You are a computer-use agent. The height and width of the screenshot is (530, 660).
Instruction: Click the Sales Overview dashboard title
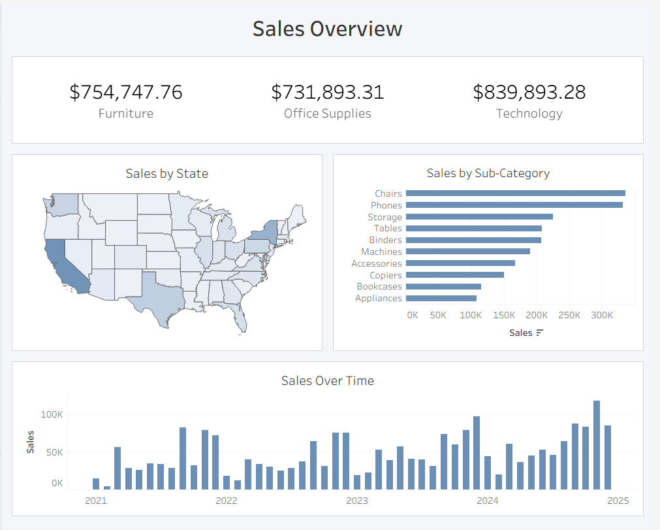click(x=327, y=29)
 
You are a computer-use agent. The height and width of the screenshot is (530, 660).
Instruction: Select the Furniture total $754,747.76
click(x=126, y=92)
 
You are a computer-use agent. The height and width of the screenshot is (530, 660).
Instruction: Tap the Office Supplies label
click(x=327, y=114)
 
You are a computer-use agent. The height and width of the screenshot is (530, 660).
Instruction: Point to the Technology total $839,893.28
click(x=529, y=92)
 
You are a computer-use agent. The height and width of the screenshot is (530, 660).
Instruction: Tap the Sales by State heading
click(x=167, y=173)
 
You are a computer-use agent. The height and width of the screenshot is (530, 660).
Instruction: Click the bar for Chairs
click(x=515, y=193)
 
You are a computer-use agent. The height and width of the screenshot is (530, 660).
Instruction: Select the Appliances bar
click(x=441, y=298)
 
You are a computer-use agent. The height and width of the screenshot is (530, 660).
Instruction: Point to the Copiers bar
click(x=454, y=275)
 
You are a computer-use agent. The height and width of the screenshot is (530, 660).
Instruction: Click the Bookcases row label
click(x=379, y=287)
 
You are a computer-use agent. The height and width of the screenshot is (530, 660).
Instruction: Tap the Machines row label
click(x=381, y=252)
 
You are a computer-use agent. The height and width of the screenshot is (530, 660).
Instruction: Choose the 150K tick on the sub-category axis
click(x=503, y=315)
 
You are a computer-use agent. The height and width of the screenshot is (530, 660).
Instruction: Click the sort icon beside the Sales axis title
click(x=539, y=333)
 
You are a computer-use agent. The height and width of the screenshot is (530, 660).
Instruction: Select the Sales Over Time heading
click(x=327, y=380)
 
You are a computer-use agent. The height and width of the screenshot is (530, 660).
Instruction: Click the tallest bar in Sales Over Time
click(x=597, y=444)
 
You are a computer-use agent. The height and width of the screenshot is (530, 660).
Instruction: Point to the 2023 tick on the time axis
click(x=356, y=501)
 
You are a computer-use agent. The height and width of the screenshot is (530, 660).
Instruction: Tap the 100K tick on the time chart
click(x=52, y=414)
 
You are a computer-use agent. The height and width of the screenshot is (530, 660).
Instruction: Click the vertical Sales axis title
click(x=31, y=442)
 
